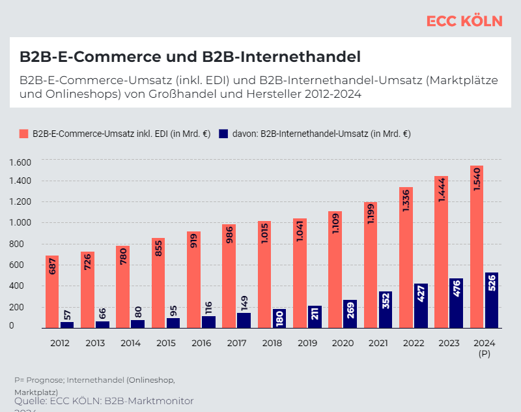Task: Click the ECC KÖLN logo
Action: pyautogui.click(x=464, y=21)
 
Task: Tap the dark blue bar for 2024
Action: pyautogui.click(x=492, y=300)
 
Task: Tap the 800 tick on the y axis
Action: pyautogui.click(x=24, y=244)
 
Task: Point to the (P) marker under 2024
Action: pyautogui.click(x=484, y=353)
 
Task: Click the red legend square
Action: pyautogui.click(x=24, y=134)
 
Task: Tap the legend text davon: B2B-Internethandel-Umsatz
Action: pyautogui.click(x=320, y=134)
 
